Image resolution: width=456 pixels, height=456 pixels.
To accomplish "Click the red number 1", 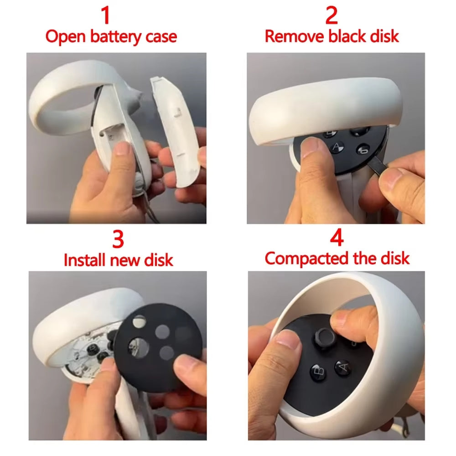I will [x=105, y=15].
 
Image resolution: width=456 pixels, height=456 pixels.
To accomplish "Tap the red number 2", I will [x=332, y=15].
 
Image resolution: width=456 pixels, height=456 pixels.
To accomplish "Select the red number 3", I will [x=118, y=239].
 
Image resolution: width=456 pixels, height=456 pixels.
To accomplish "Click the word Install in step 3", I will [x=85, y=260].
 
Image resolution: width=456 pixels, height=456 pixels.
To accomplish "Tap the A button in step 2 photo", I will [x=337, y=147].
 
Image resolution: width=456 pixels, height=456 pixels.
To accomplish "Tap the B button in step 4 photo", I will [x=318, y=373].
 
